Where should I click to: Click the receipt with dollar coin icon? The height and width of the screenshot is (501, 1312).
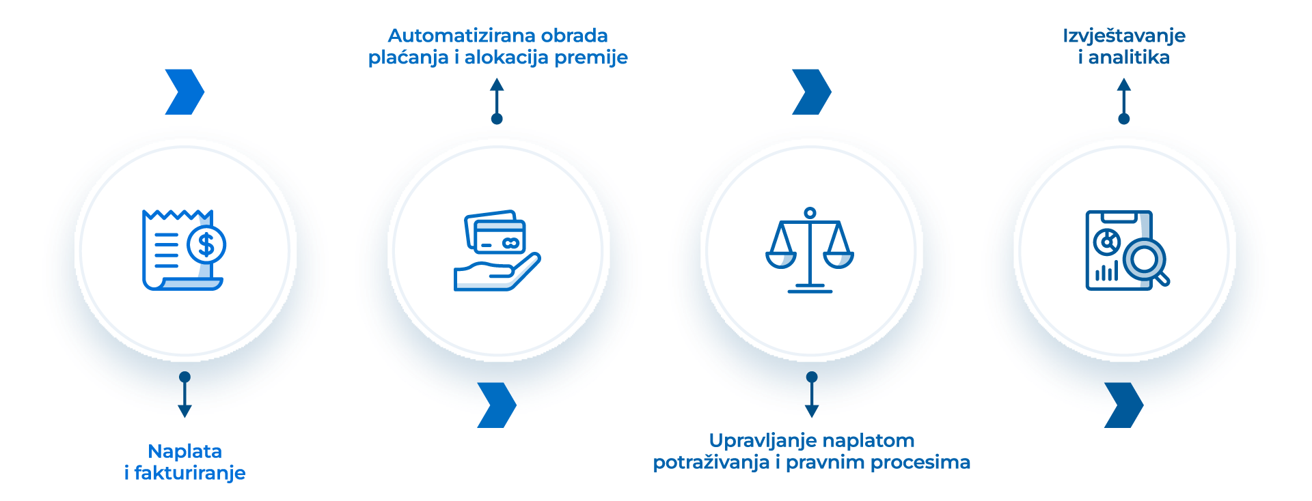(x=184, y=250)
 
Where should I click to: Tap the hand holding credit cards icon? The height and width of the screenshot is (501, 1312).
(x=497, y=250)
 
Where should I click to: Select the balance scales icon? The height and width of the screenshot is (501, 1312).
(x=810, y=250)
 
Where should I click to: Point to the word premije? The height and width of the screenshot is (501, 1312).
(x=590, y=58)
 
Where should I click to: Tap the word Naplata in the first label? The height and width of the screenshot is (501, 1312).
(x=184, y=451)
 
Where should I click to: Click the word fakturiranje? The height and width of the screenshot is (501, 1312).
(x=190, y=473)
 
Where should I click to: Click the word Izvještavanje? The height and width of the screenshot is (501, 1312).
(x=1123, y=36)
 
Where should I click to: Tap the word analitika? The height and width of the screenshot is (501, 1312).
(x=1128, y=58)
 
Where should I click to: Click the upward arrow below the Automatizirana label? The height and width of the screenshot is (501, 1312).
(x=497, y=99)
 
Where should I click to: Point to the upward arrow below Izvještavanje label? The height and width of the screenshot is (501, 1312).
(x=1123, y=99)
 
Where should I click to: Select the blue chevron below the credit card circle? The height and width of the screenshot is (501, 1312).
(x=497, y=405)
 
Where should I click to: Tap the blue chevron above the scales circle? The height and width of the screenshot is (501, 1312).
(x=811, y=91)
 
